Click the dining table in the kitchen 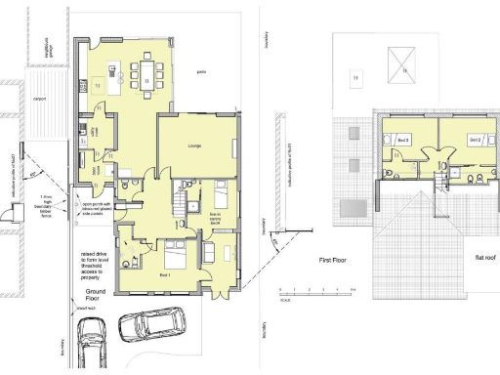pyautogui.click(x=148, y=79)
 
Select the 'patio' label pyautogui.click(x=201, y=71)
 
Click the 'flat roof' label pyautogui.click(x=460, y=257)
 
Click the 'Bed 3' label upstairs pyautogui.click(x=400, y=141)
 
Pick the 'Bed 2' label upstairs pyautogui.click(x=475, y=141)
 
